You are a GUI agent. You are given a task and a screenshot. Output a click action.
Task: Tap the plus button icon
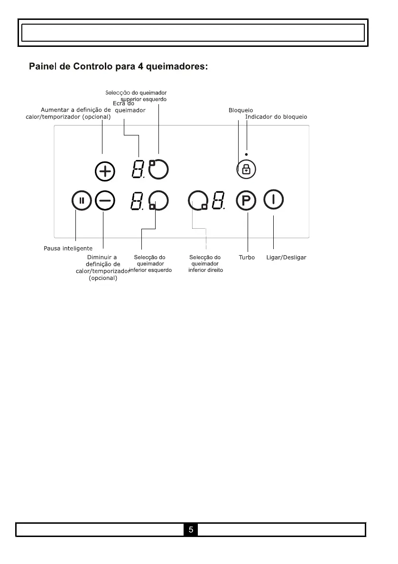coord(105,171)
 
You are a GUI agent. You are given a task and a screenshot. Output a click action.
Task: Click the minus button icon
coord(104,200)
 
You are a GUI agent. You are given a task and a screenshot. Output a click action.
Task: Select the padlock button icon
coord(246,169)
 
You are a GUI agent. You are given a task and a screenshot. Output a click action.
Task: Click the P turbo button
coord(246,201)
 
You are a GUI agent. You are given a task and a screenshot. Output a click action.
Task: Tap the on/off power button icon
coord(274,199)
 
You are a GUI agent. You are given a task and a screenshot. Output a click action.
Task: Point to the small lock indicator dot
coord(247,154)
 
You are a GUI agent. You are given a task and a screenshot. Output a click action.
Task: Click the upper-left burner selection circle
coord(158,168)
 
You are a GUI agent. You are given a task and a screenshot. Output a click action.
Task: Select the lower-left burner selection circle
coord(158,201)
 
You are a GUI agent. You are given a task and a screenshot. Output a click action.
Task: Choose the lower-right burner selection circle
coord(197,201)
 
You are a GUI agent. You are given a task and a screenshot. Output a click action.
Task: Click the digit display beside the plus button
coord(138,170)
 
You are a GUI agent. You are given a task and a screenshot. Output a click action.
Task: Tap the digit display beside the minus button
coord(138,202)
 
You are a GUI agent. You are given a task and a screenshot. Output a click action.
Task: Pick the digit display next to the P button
coord(218,201)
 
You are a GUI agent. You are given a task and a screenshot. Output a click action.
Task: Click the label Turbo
coord(247,258)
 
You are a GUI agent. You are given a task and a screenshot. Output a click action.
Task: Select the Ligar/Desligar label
coord(286,258)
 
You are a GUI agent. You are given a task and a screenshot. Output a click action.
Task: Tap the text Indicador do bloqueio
coord(276,116)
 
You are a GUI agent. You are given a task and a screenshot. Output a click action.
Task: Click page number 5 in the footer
coord(191,529)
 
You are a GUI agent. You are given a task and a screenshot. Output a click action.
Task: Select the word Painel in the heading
coord(45,67)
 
